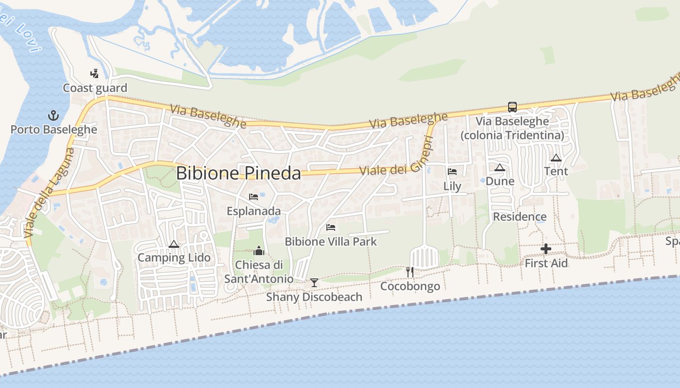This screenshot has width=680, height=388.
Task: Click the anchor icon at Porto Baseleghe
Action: tap(53, 115)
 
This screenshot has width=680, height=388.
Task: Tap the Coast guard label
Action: tap(95, 88)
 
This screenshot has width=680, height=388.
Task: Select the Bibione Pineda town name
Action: tap(238, 173)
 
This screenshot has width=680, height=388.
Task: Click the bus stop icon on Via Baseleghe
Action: tap(512, 107)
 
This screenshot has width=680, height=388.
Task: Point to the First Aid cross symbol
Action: tap(546, 249)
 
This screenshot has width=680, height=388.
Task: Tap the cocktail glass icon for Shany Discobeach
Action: tap(314, 282)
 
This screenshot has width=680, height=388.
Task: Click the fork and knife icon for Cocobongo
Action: tap(410, 272)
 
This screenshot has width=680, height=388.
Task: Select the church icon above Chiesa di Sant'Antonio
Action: tap(259, 251)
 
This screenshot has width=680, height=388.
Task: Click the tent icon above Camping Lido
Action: tap(174, 244)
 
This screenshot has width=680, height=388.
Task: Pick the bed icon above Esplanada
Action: tap(254, 197)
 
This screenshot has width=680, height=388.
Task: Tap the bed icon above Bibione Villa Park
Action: tap(331, 227)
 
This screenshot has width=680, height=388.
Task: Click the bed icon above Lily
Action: tap(452, 172)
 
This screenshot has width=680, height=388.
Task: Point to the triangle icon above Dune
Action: tap(499, 167)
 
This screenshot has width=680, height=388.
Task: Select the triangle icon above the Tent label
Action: tap(556, 157)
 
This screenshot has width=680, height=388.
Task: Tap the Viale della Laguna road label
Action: tap(50, 193)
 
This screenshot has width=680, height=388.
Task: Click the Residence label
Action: tap(520, 217)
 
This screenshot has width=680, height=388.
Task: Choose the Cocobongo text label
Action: tap(410, 286)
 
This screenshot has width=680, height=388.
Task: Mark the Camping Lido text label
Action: tap(174, 258)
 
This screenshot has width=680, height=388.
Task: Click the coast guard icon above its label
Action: tap(95, 74)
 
